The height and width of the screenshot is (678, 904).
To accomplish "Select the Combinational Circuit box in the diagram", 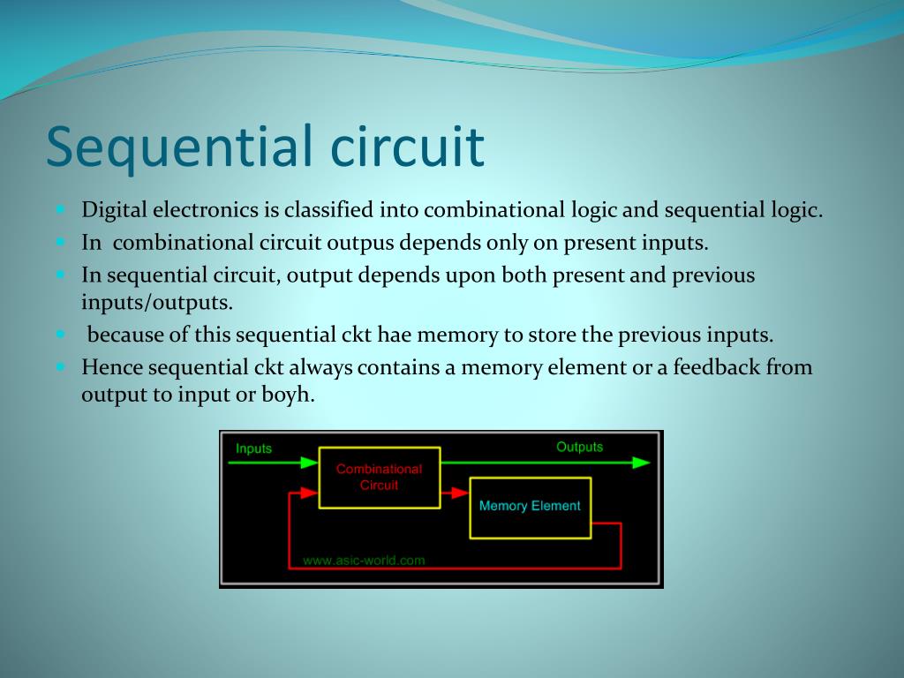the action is click(x=380, y=478).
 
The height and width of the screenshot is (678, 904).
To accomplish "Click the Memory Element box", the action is click(x=531, y=508).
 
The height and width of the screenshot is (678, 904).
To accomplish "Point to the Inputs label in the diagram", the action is click(x=253, y=448).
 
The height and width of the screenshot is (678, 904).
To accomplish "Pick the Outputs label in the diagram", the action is click(x=579, y=447).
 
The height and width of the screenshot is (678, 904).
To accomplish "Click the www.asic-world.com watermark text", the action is click(x=364, y=560).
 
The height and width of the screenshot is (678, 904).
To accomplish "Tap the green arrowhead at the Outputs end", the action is click(x=641, y=463).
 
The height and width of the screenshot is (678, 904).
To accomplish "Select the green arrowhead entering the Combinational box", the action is click(x=309, y=463).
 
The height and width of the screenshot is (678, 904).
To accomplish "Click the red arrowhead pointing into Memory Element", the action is click(x=460, y=493).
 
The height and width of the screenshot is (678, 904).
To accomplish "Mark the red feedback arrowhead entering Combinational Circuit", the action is click(x=309, y=493).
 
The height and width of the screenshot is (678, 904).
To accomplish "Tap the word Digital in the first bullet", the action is click(x=114, y=210).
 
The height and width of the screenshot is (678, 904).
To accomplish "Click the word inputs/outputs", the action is click(x=157, y=302).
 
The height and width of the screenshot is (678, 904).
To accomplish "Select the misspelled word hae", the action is click(x=395, y=335).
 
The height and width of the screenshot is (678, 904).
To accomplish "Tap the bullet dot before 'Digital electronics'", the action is click(x=61, y=209).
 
